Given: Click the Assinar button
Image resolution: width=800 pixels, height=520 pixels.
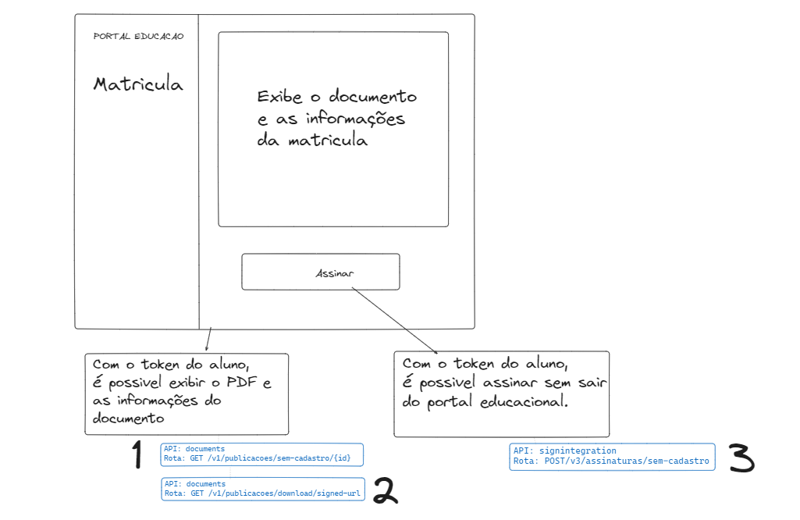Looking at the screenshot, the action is (321, 272).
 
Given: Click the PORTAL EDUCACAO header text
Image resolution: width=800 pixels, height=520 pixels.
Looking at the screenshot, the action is (138, 36).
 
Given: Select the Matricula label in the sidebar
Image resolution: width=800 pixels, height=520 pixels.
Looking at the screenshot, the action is (137, 84).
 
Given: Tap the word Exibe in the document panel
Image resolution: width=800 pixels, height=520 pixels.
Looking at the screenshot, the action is (279, 97).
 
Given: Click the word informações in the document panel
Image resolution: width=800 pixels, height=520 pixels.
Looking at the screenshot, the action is (355, 119).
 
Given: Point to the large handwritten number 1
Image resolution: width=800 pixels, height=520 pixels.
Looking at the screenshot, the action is (137, 454).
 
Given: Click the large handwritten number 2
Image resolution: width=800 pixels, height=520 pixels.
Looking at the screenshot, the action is (386, 490).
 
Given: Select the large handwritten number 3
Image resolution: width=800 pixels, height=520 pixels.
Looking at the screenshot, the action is (741, 458).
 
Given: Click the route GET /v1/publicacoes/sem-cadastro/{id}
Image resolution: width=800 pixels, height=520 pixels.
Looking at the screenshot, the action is (270, 458).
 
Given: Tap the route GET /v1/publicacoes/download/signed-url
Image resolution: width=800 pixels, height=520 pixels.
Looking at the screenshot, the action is (276, 493).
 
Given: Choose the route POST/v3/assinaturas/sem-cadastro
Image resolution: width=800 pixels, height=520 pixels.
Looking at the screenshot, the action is (627, 461).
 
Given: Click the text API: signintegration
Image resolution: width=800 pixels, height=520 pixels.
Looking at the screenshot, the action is (565, 451).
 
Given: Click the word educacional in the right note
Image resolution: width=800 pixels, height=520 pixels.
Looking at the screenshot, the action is (524, 401).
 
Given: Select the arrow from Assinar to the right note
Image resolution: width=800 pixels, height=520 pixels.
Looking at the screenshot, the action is (394, 320).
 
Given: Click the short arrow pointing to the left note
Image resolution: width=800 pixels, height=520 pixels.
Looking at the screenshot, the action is (208, 339).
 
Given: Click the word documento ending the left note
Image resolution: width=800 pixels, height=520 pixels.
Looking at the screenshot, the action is (128, 418).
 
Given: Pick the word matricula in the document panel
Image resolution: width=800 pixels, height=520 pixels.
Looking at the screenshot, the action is (328, 141).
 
